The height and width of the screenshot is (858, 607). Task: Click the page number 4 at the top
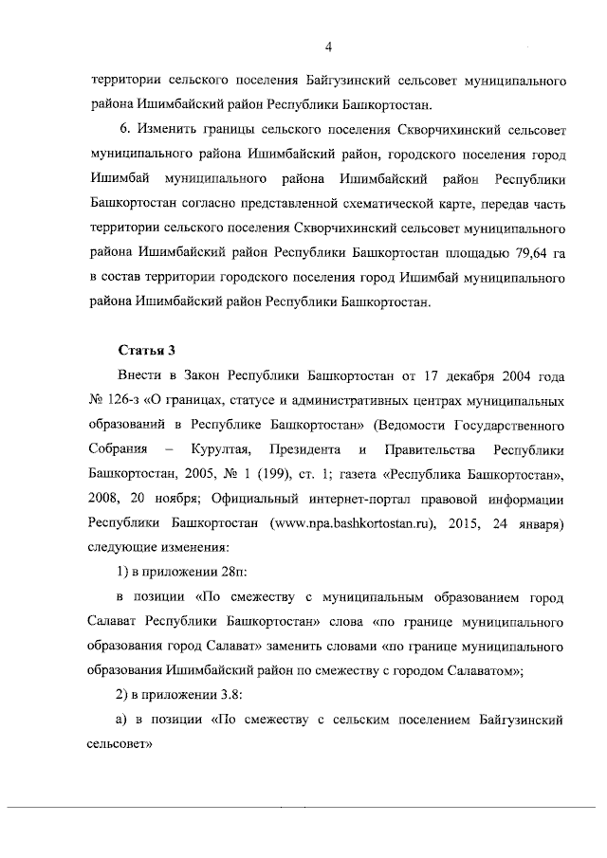(x=326, y=46)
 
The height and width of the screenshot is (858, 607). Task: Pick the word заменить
(x=310, y=647)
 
